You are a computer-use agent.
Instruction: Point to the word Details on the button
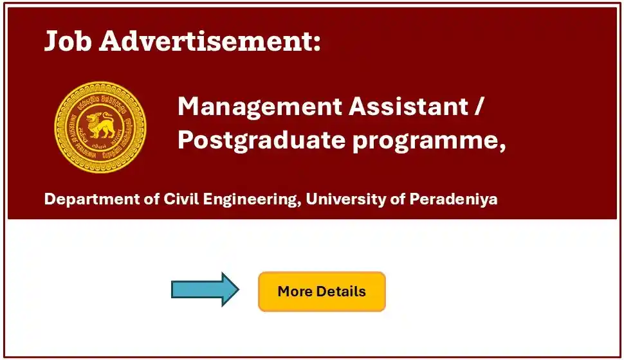[x=340, y=291]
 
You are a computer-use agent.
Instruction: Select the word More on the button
[x=294, y=291]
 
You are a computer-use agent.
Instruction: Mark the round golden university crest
[x=100, y=127]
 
